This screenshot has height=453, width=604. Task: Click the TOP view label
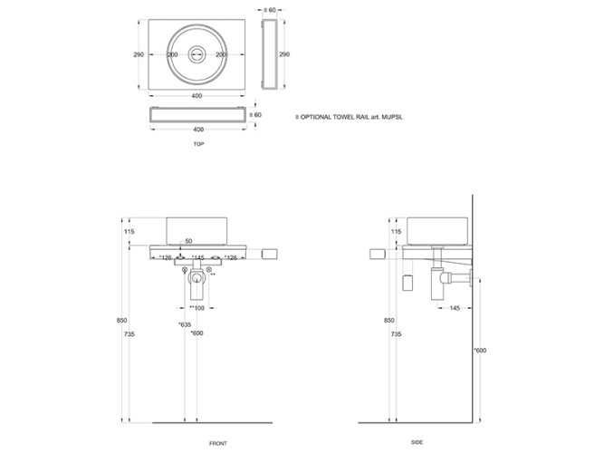tap(197, 144)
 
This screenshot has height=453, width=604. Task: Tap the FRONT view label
tap(217, 442)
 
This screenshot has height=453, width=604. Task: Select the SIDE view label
tap(416, 442)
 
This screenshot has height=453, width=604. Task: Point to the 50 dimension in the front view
tap(188, 241)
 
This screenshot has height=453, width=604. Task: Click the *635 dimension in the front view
tap(185, 323)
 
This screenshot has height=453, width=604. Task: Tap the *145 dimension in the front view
tap(197, 258)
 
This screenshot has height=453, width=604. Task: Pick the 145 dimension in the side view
tap(452, 308)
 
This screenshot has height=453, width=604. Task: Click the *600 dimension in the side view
tap(480, 351)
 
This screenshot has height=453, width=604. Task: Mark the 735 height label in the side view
tap(394, 334)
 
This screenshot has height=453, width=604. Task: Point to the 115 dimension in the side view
tap(394, 232)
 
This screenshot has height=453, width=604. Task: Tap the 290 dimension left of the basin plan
tap(139, 54)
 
